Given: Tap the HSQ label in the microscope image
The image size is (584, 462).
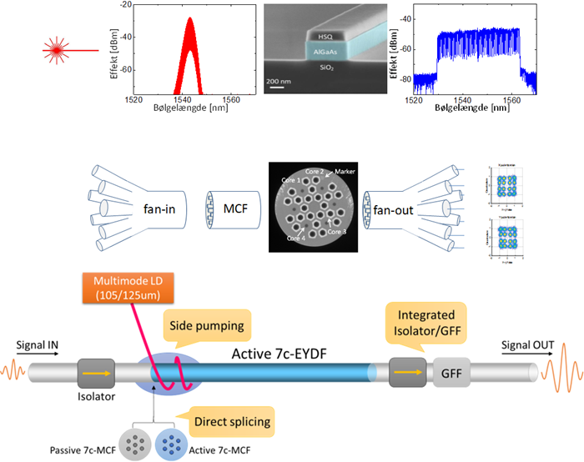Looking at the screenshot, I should pyautogui.click(x=323, y=37).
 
